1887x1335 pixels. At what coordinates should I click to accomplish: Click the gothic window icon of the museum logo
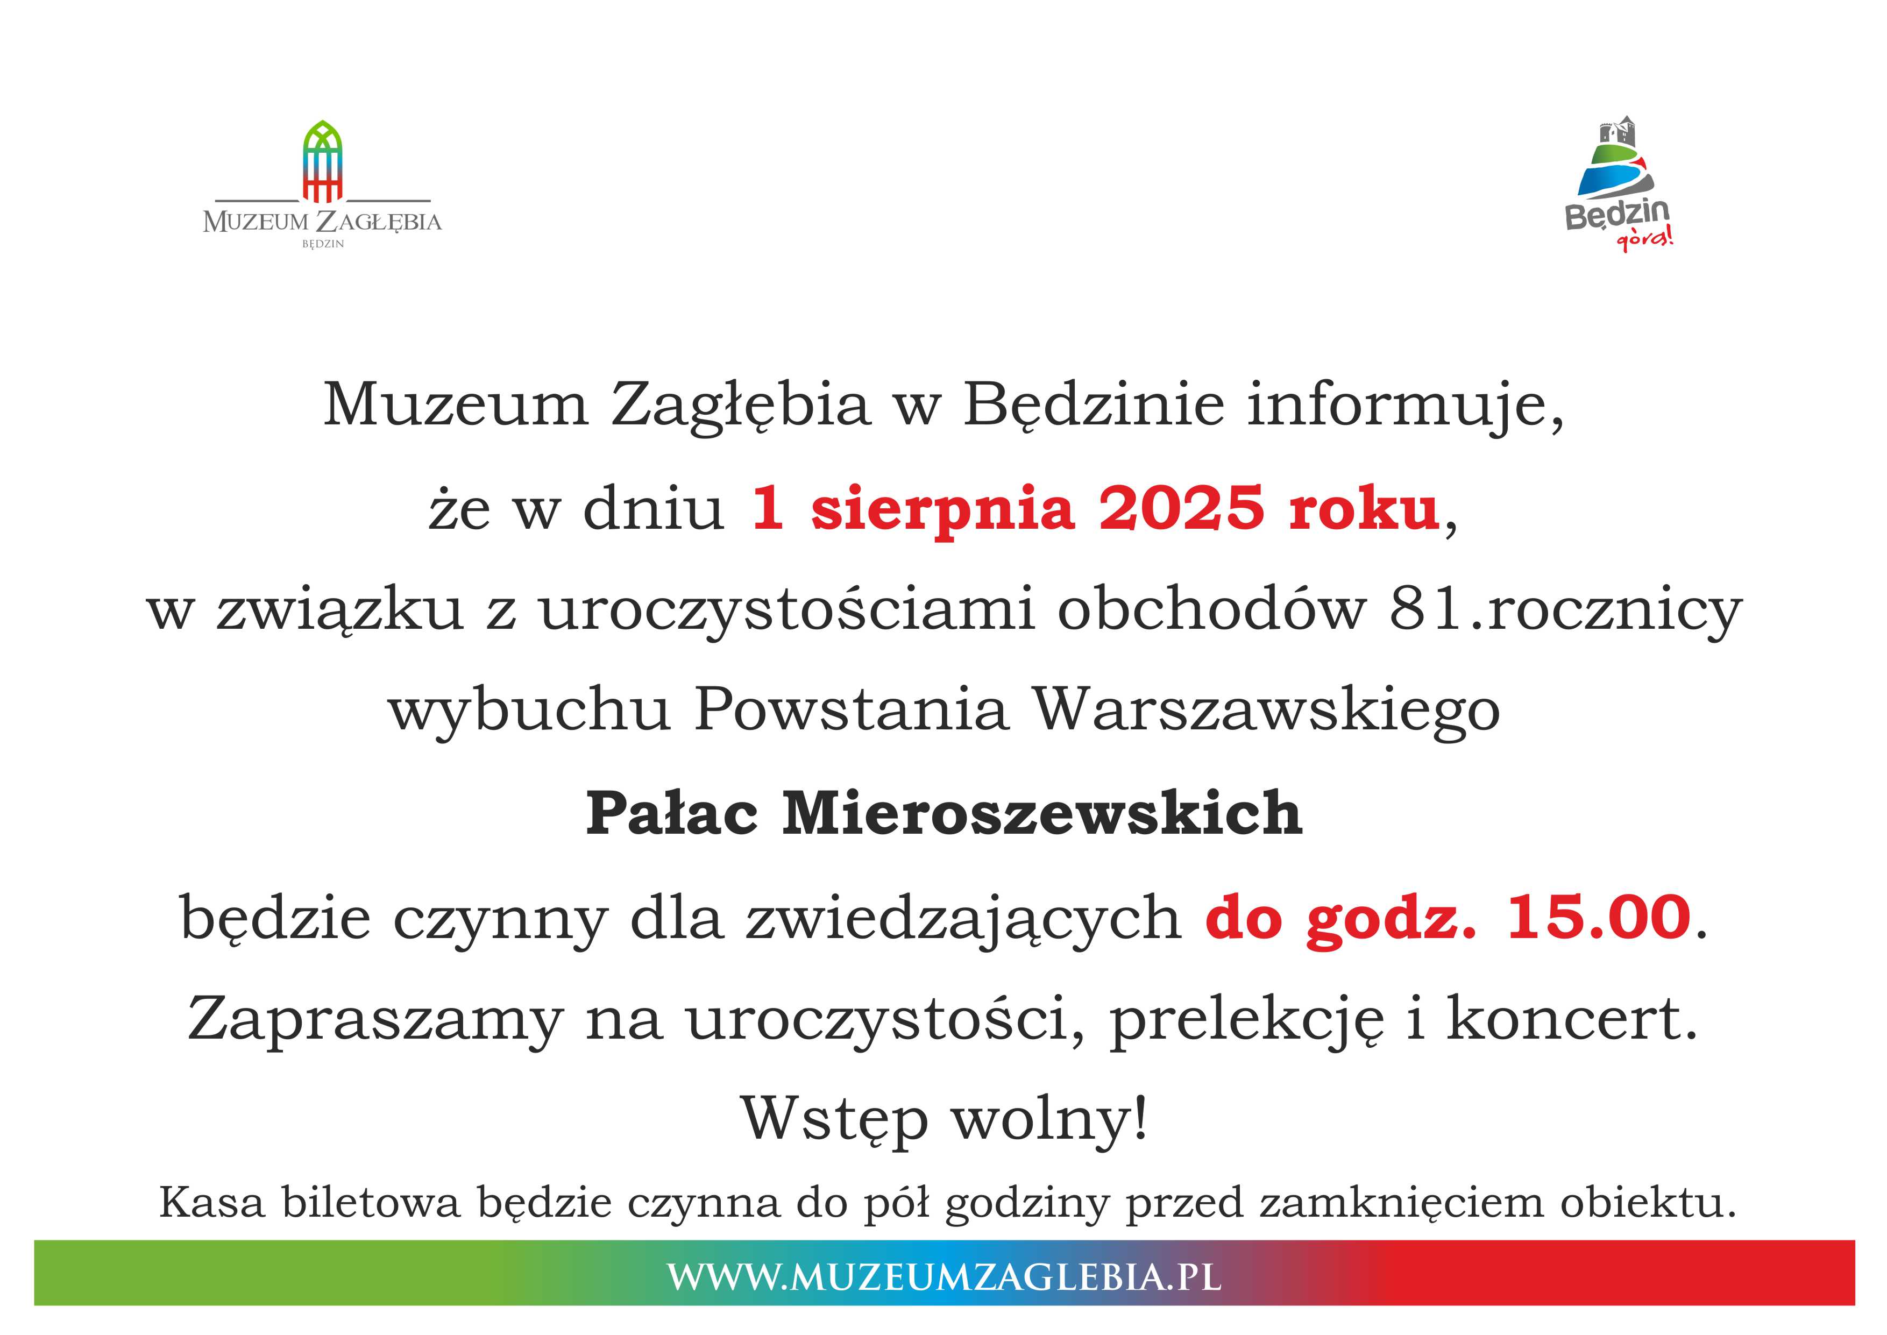pos(322,161)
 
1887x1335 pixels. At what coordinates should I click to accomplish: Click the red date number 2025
pos(1181,508)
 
